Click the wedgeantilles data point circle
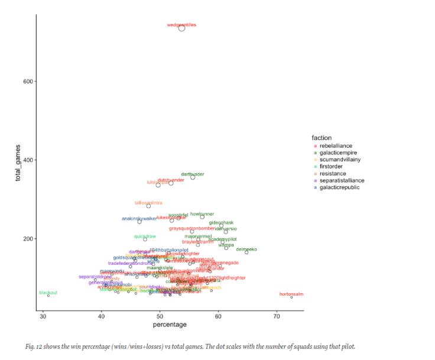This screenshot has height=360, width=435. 181,28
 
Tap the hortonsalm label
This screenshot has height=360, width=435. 291,294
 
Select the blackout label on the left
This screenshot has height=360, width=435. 48,293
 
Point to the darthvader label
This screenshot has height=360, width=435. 192,174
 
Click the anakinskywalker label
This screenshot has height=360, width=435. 139,219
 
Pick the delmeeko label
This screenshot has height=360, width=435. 246,249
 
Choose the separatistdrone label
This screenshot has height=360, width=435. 95,277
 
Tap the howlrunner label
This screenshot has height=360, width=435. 202,214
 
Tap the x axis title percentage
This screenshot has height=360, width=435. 170,325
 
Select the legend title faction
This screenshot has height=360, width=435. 322,138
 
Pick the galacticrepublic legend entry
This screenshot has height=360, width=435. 340,187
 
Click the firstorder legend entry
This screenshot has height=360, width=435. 333,167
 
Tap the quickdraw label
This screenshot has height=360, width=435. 145,236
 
